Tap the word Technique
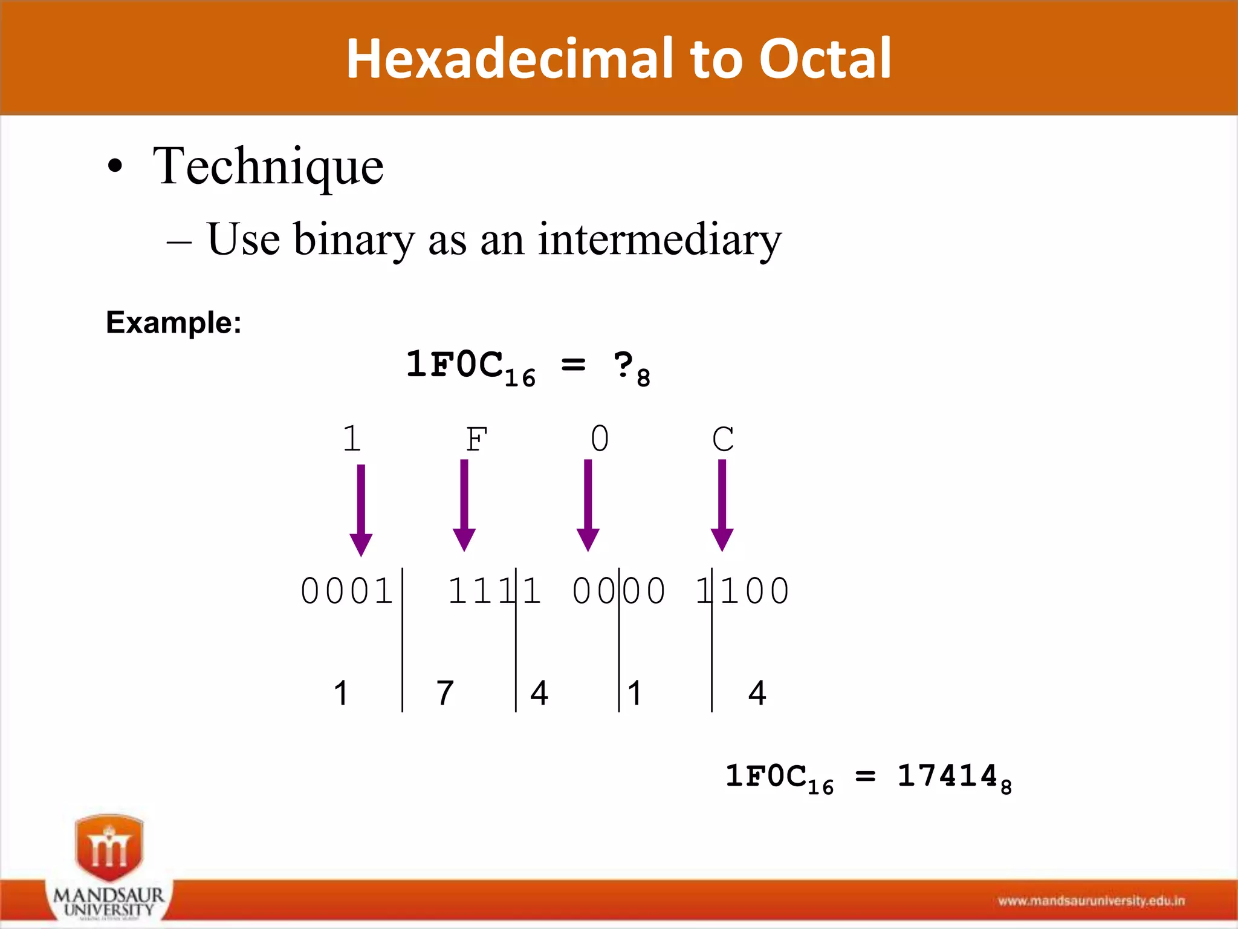[x=268, y=166]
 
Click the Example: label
[x=173, y=322]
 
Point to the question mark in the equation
[x=623, y=365]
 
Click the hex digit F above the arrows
[x=476, y=439]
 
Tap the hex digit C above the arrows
[x=722, y=439]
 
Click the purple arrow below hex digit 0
[x=588, y=505]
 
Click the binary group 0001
[x=346, y=591]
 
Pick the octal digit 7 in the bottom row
[x=445, y=693]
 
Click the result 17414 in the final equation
[x=947, y=776]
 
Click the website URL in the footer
[x=1091, y=901]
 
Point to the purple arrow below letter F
[x=464, y=505]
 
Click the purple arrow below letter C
[x=722, y=505]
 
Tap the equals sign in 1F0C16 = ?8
[x=573, y=365]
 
